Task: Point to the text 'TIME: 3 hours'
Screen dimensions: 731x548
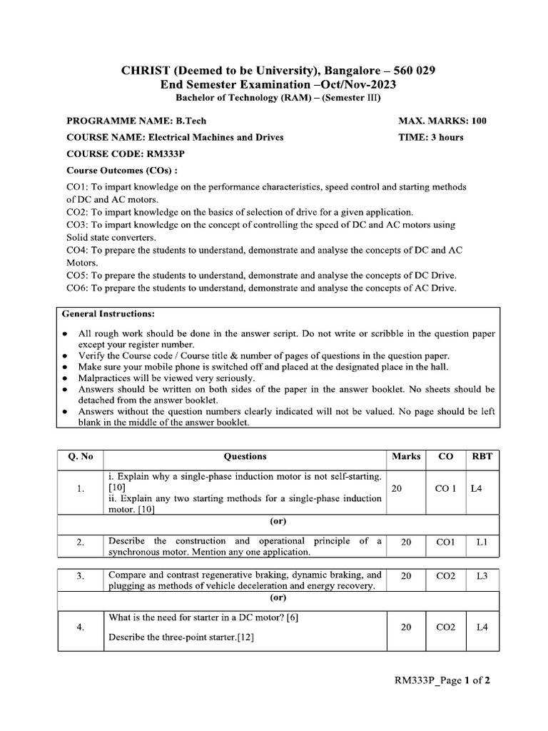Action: (430, 137)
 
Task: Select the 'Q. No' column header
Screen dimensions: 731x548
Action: (80, 456)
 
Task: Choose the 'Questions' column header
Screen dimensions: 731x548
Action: (245, 456)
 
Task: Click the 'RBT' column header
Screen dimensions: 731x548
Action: (482, 456)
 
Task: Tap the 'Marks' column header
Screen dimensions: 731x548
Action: (406, 456)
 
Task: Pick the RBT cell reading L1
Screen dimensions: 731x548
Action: (482, 543)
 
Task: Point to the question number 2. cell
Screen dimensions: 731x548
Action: (81, 543)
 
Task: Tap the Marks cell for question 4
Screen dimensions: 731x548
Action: (406, 627)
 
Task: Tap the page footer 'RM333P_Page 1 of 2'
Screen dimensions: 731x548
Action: (442, 680)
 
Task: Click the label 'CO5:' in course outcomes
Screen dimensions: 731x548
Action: (78, 276)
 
